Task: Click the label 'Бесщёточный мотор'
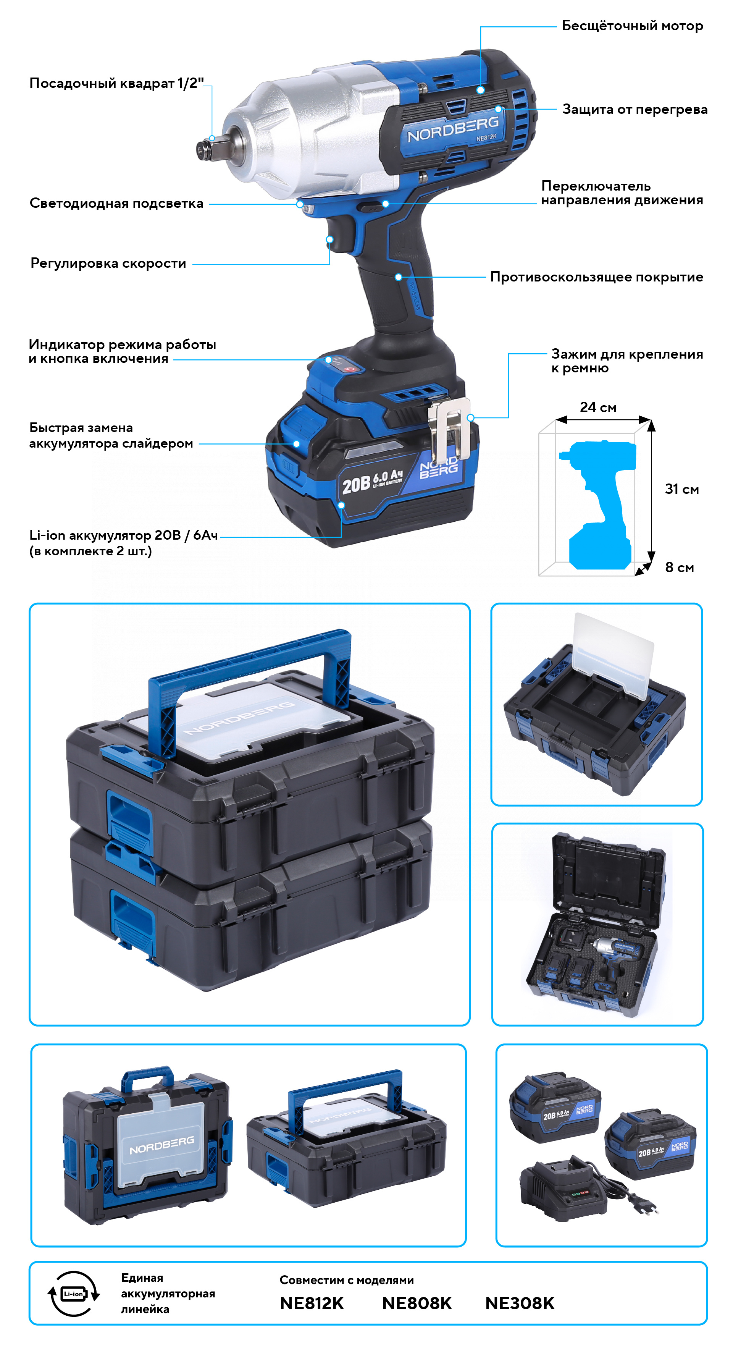click(632, 26)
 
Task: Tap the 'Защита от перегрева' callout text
click(635, 109)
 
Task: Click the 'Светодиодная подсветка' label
click(116, 204)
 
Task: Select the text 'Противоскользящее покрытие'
click(597, 277)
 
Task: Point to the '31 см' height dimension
click(681, 489)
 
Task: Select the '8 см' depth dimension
click(680, 568)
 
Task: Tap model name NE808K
click(417, 1303)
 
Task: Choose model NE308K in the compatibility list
click(520, 1303)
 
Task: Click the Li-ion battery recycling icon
click(73, 1294)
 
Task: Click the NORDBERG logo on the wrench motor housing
click(453, 129)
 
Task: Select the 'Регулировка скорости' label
click(108, 264)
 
